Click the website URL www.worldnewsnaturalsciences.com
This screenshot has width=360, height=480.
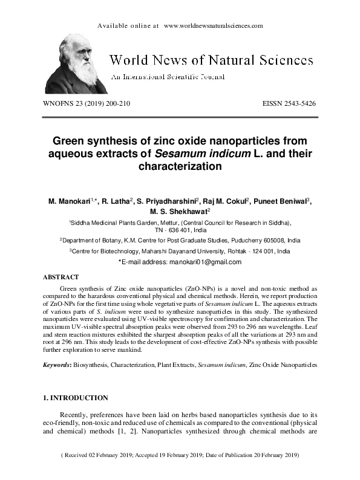pos(213,26)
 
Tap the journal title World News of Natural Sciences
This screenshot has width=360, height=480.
pos(211,60)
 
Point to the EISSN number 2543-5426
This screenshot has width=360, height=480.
pos(297,103)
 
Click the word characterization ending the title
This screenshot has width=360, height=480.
pos(180,166)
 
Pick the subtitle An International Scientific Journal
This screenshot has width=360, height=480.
pos(167,77)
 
